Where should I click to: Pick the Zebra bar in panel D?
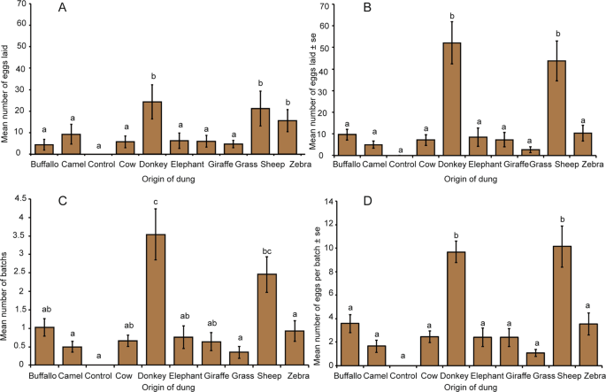[x=582, y=344]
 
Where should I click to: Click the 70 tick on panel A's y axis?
[x=20, y=5]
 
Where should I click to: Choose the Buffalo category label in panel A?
[x=44, y=164]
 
